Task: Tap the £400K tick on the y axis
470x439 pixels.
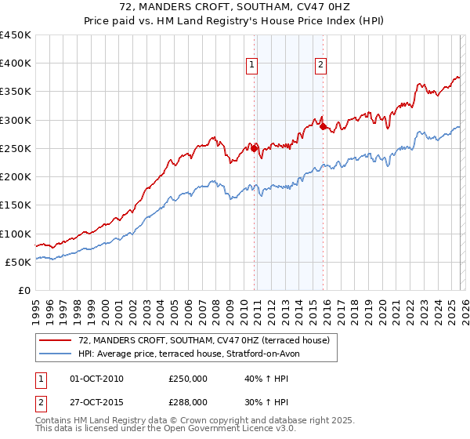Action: pos(16,63)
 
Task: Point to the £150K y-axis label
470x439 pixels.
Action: pos(16,205)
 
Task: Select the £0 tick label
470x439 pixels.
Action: pos(23,290)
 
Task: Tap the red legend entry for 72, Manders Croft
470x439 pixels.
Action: pos(204,339)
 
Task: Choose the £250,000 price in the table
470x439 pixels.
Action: pos(188,379)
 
